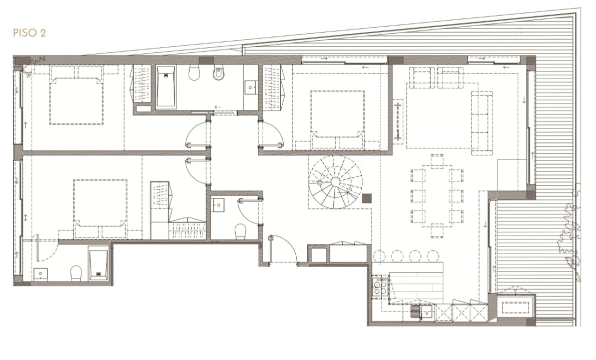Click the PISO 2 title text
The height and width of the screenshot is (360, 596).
pyautogui.click(x=29, y=32)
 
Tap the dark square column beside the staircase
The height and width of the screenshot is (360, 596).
pyautogui.click(x=367, y=198)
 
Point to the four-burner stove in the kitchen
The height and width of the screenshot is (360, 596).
pyautogui.click(x=380, y=286)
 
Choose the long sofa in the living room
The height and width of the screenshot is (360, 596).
pyautogui.click(x=482, y=122)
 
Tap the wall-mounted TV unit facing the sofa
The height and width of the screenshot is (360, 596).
pyautogui.click(x=398, y=120)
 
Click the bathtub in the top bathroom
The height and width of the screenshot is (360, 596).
pyautogui.click(x=166, y=87)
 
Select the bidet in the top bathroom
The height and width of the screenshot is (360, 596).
pyautogui.click(x=219, y=73)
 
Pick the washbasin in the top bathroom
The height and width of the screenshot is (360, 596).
pyautogui.click(x=251, y=87)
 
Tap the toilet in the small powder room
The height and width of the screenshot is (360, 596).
pyautogui.click(x=241, y=231)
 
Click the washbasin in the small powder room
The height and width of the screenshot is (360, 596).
pyautogui.click(x=219, y=205)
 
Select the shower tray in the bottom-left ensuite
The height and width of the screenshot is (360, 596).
pyautogui.click(x=98, y=263)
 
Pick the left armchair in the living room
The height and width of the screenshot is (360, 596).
pyautogui.click(x=421, y=77)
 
